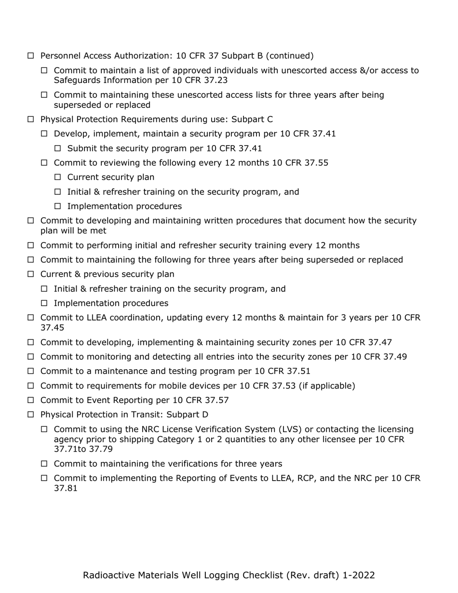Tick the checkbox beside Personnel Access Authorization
click(x=31, y=56)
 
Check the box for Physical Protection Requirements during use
click(x=31, y=120)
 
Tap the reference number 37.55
click(x=316, y=163)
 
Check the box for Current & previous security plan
click(x=31, y=274)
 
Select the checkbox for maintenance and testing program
click(x=31, y=371)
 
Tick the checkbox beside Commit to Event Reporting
click(x=31, y=400)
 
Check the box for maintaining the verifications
click(x=44, y=464)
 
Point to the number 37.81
click(x=66, y=488)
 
